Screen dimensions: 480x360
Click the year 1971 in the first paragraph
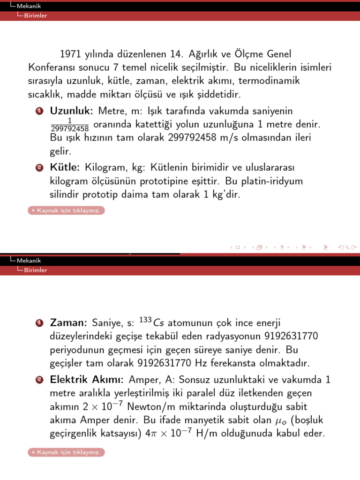tap(71, 55)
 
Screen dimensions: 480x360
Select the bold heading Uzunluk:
tap(72, 111)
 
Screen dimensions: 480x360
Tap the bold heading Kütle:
tap(65, 167)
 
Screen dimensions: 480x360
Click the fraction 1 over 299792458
tap(69, 125)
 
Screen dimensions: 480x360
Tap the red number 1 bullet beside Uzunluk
tap(40, 111)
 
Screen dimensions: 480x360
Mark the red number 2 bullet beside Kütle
tap(40, 168)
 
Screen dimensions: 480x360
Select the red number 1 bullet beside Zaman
tap(40, 323)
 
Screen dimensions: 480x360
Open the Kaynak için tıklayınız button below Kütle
tap(66, 210)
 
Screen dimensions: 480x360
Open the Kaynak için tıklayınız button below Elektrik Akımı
tap(66, 452)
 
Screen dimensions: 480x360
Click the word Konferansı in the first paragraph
tap(53, 68)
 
